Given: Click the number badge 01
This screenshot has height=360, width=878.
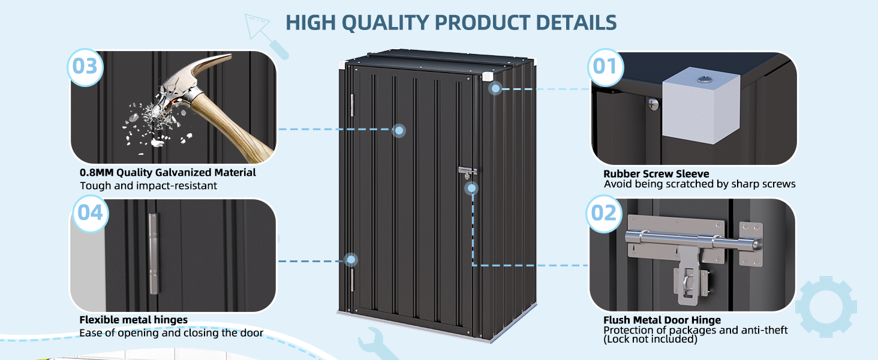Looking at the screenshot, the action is coord(605,67).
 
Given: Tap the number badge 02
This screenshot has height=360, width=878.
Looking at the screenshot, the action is coord(603,214).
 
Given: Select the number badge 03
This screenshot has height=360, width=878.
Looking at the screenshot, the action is coord(85,67).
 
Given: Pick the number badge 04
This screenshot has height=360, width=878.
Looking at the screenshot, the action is coord(90,214).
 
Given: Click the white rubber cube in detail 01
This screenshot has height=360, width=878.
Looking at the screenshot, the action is coord(701,105).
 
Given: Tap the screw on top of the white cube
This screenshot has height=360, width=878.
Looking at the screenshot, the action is coord(702,80).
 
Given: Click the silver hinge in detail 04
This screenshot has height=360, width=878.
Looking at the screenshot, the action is coord(154,253).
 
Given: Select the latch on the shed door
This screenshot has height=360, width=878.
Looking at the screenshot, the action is coord(467,172).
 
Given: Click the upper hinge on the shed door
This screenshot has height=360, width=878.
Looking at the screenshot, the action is coord(351,105).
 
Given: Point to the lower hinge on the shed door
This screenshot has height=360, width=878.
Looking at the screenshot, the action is coord(351,280).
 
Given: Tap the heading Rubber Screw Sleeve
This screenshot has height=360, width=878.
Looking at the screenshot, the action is coord(656,174).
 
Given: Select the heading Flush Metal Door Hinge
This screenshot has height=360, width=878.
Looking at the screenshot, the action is coord(662,320).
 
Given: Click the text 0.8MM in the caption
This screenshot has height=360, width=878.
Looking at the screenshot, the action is coord(97,173).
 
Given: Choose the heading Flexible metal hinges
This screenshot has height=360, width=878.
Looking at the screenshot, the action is coord(133,320).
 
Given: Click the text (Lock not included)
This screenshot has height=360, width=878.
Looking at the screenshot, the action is coord(650,339).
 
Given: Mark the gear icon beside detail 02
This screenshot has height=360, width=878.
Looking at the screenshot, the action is coord(826,307).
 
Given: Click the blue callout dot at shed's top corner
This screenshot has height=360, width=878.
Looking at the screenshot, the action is coord(495,89).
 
